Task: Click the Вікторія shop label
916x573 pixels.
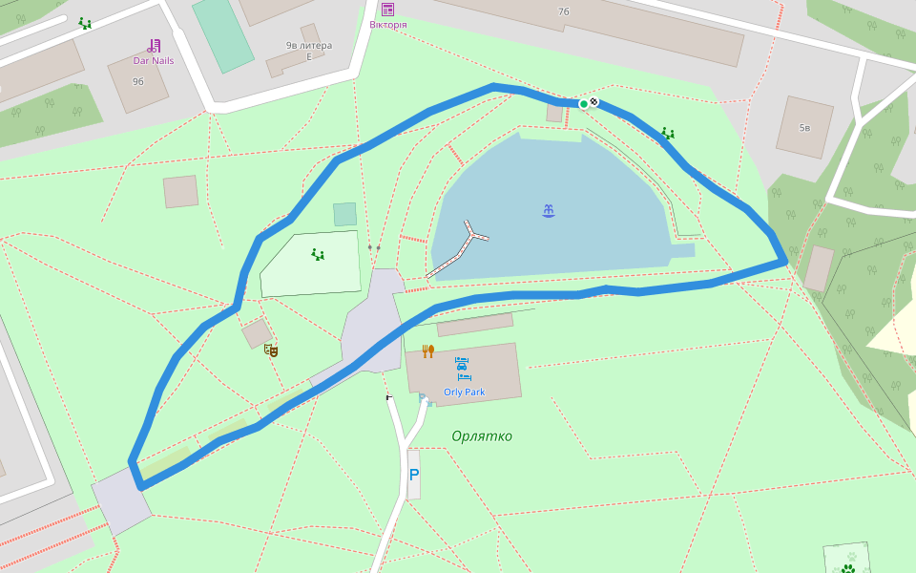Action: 387,25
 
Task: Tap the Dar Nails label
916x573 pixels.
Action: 153,60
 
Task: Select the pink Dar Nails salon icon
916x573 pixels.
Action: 154,45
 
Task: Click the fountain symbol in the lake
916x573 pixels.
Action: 549,210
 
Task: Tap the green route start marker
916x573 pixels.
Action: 584,104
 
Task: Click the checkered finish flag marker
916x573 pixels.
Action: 594,102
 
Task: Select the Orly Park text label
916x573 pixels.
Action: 464,392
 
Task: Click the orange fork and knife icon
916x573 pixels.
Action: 428,351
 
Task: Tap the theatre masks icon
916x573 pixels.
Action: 271,350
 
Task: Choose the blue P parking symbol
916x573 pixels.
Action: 413,474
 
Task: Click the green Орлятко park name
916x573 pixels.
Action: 482,436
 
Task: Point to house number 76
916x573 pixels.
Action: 563,11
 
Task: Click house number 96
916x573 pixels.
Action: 138,81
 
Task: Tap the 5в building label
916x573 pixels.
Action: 804,127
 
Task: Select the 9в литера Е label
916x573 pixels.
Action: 308,51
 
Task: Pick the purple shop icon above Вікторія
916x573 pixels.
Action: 387,10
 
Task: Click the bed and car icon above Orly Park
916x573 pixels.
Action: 463,370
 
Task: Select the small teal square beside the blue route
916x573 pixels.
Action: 344,214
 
